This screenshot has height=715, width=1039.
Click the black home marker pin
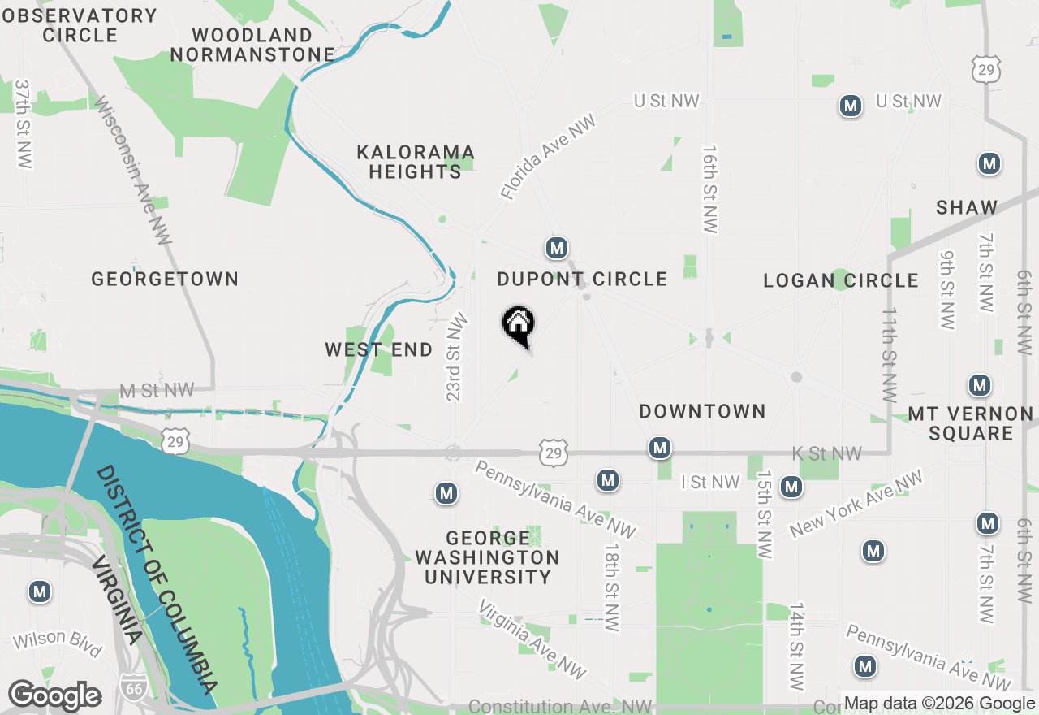coord(518,326)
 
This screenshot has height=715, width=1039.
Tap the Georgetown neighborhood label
coord(165,279)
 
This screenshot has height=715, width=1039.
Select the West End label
coord(378,350)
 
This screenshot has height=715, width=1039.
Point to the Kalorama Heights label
coord(415,162)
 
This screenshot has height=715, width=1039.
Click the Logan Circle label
coord(841,281)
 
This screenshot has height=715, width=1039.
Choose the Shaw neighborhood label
coord(966,207)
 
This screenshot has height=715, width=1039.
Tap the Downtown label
coord(702,412)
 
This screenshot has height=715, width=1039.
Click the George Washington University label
coord(487,557)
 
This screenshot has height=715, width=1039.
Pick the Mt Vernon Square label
coord(971,423)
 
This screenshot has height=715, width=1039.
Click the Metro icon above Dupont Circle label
coord(556,248)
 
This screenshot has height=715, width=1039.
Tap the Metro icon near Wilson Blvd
coord(40,591)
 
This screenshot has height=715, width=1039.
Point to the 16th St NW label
coord(710,190)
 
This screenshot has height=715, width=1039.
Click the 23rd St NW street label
coord(455,357)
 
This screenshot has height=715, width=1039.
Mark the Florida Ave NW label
coord(548,157)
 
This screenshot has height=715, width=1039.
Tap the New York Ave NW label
coord(856,504)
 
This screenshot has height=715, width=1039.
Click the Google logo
coord(54,696)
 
